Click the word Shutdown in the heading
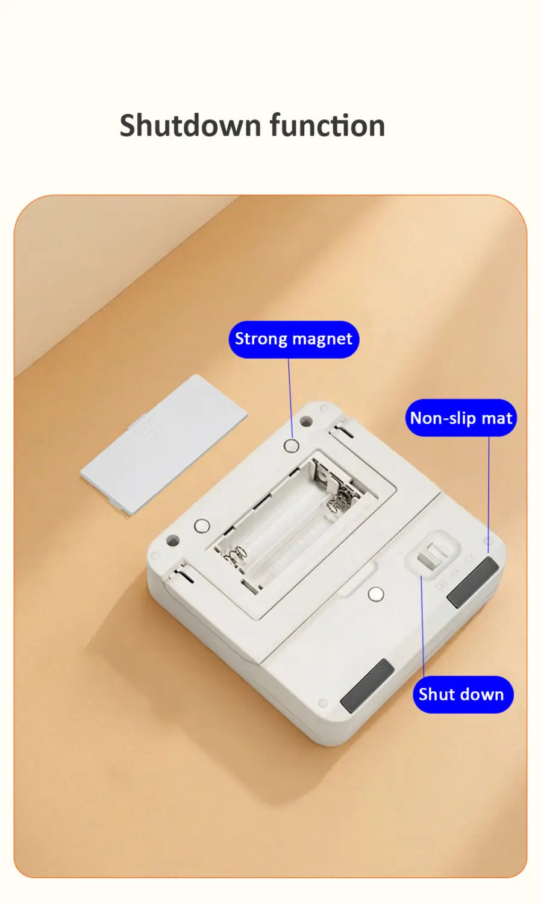190,125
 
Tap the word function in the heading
327,125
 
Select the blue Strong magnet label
294,339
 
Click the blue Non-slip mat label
461,418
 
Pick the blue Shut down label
463,694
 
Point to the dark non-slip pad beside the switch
473,582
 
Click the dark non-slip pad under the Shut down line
367,686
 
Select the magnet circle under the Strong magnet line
291,446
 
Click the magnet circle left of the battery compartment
202,526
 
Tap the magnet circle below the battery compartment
376,594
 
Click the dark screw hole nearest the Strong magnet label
306,421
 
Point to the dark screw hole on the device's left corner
173,539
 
